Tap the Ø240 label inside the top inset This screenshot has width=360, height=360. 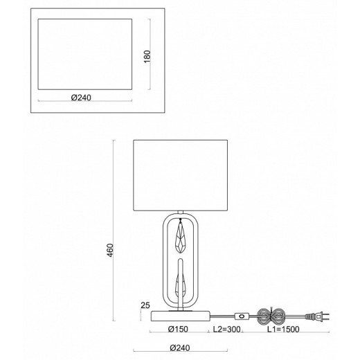click(x=82, y=97)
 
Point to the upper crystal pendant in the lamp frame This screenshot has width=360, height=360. click(x=181, y=239)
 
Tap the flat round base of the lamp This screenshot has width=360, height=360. click(x=181, y=316)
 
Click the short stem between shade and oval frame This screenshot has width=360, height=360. click(x=181, y=212)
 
